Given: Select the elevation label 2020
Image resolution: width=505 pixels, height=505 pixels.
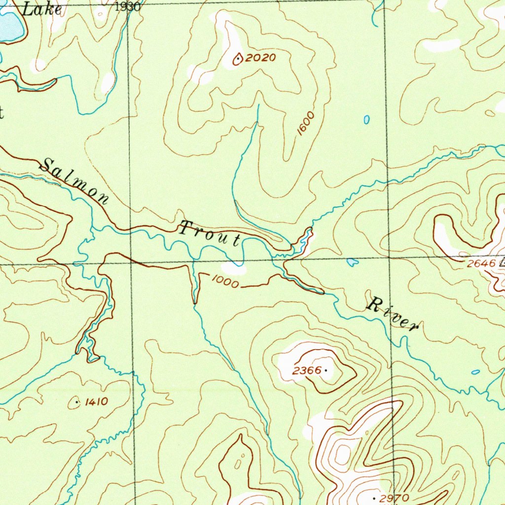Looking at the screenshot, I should pos(260,58).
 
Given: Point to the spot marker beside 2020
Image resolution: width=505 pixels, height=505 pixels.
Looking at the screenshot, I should pos(238,60).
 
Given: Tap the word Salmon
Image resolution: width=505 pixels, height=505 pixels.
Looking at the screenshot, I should pos(74,181).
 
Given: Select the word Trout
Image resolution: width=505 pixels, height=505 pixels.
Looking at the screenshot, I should pos(210,234).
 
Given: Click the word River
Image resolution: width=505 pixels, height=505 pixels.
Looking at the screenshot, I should pos(393,314).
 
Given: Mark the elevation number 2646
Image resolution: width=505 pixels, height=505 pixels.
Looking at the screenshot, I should pos(481,264).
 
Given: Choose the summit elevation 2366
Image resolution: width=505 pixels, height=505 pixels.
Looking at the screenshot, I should pos(306,370).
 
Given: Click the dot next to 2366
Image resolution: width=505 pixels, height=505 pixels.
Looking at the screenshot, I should pos(326,370).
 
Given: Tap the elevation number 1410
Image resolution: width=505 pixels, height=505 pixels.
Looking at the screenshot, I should pos(96,402).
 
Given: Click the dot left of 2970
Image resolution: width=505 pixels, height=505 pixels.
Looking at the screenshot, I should pos(379,498).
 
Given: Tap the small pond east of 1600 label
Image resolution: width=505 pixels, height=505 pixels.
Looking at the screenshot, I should pos(366,119).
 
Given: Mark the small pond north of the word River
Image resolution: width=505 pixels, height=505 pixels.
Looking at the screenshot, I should pos(352,262).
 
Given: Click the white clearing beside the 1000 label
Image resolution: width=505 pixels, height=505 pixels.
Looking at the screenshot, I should pos(233,268).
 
